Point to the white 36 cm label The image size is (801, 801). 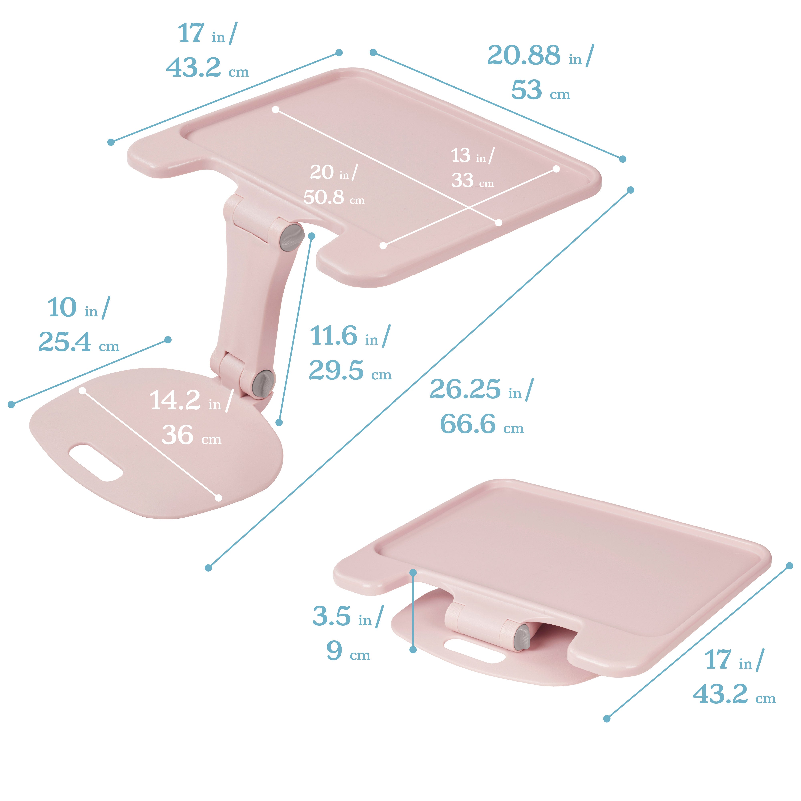point(191,435)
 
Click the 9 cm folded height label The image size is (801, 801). point(347,651)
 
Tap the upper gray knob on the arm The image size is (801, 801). point(291,237)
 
